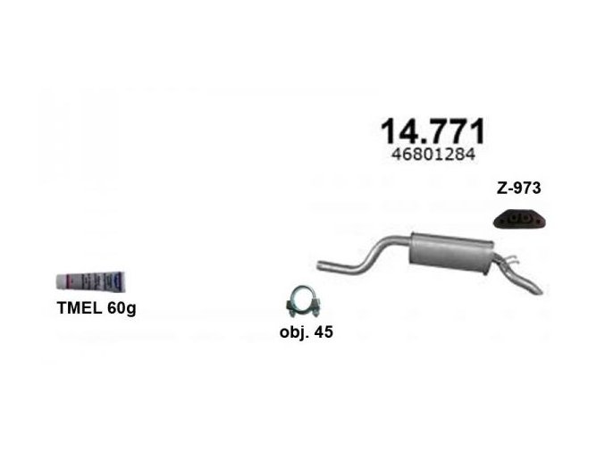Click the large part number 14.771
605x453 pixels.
click(433, 131)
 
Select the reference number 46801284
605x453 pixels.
click(433, 155)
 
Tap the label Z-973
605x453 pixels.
click(519, 189)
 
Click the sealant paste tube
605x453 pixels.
click(92, 281)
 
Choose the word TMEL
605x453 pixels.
click(74, 309)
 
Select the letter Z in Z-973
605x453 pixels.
click(500, 189)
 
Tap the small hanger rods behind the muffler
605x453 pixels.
click(508, 263)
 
